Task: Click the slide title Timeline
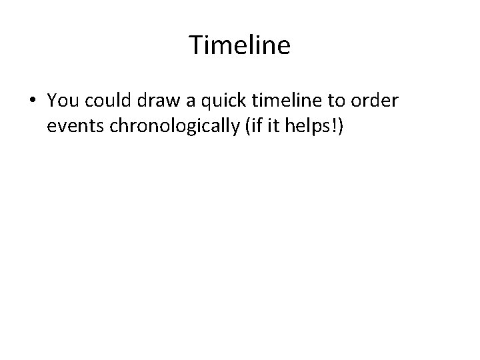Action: [240, 45]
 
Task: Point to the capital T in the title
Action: [195, 45]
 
